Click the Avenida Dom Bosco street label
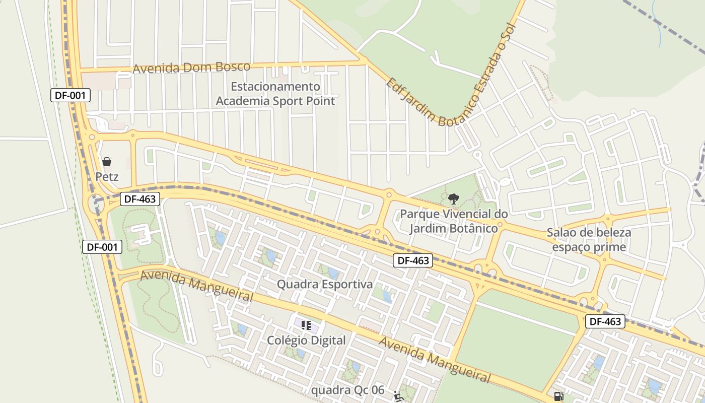click(191, 68)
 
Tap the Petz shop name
click(107, 177)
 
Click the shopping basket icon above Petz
click(107, 162)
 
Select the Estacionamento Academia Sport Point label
click(275, 94)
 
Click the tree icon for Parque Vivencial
click(453, 198)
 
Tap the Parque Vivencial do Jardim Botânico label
click(454, 221)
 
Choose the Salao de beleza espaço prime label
click(589, 240)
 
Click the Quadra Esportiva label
click(325, 284)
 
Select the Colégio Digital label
click(306, 340)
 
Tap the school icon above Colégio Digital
click(306, 325)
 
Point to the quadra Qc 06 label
click(347, 390)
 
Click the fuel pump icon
click(558, 396)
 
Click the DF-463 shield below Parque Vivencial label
click(413, 260)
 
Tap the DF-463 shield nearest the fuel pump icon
click(605, 321)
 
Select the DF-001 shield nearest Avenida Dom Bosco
click(70, 95)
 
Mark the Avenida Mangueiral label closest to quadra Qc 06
click(434, 360)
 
